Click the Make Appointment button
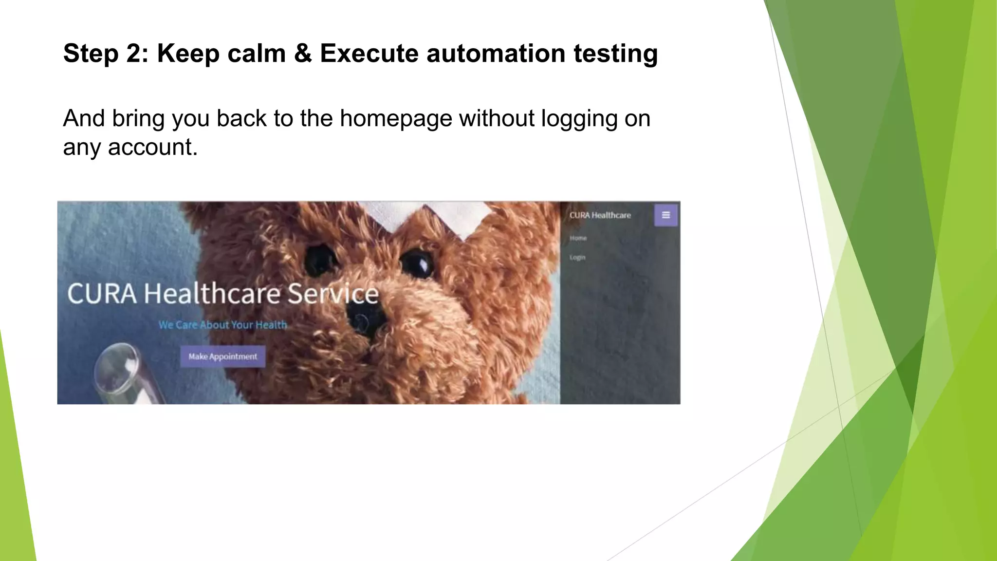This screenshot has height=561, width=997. (x=222, y=356)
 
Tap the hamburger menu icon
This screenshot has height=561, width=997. (x=665, y=215)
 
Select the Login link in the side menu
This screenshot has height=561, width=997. (x=577, y=258)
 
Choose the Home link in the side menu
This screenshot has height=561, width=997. (x=578, y=238)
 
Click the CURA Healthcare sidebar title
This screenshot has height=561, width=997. (x=600, y=215)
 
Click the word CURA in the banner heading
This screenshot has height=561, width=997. (x=102, y=294)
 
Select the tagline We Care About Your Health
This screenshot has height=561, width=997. (x=222, y=325)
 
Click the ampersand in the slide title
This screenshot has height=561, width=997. (x=303, y=53)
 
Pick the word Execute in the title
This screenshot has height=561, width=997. (x=369, y=53)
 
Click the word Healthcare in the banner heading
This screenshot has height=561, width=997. (x=212, y=294)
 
